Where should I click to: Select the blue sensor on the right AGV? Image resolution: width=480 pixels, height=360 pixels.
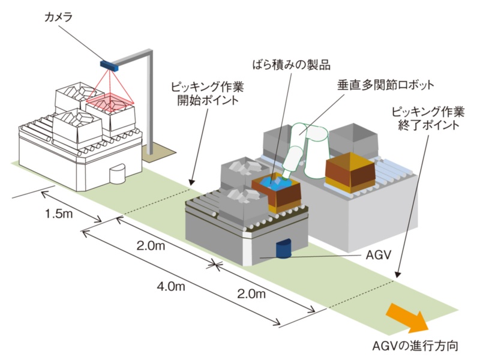pyautogui.click(x=283, y=248)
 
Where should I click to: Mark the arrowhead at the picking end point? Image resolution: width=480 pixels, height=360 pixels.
pyautogui.click(x=396, y=277)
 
